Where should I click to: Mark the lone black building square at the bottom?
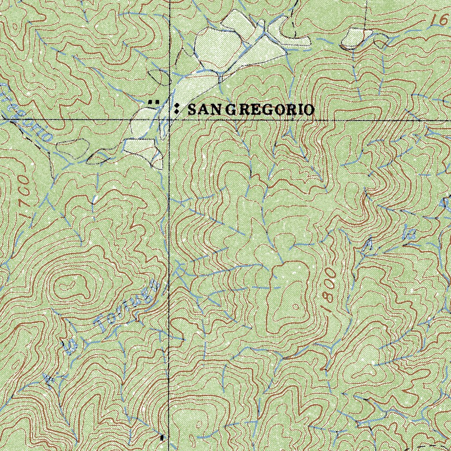click(x=162, y=437)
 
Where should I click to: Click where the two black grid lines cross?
click(x=170, y=119)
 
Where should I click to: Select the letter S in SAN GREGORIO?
click(x=192, y=110)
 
